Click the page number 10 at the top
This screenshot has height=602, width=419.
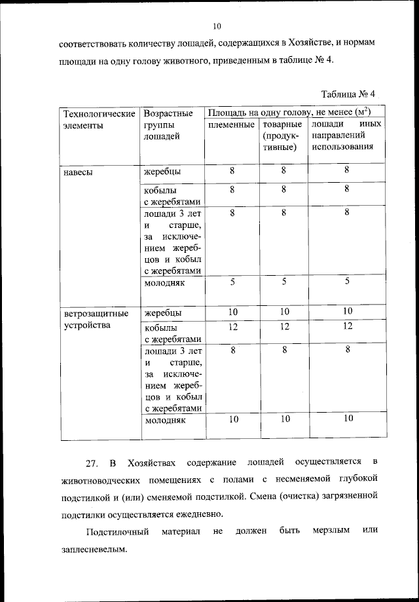pos(218,26)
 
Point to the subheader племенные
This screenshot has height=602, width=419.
pos(231,124)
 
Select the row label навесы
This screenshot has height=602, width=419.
pos(78,173)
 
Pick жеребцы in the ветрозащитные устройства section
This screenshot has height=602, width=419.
pos(163,312)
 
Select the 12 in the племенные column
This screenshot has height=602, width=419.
pos(232,326)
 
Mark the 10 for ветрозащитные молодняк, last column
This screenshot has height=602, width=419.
pos(348,418)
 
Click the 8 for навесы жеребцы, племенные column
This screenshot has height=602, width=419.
pos(232,171)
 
